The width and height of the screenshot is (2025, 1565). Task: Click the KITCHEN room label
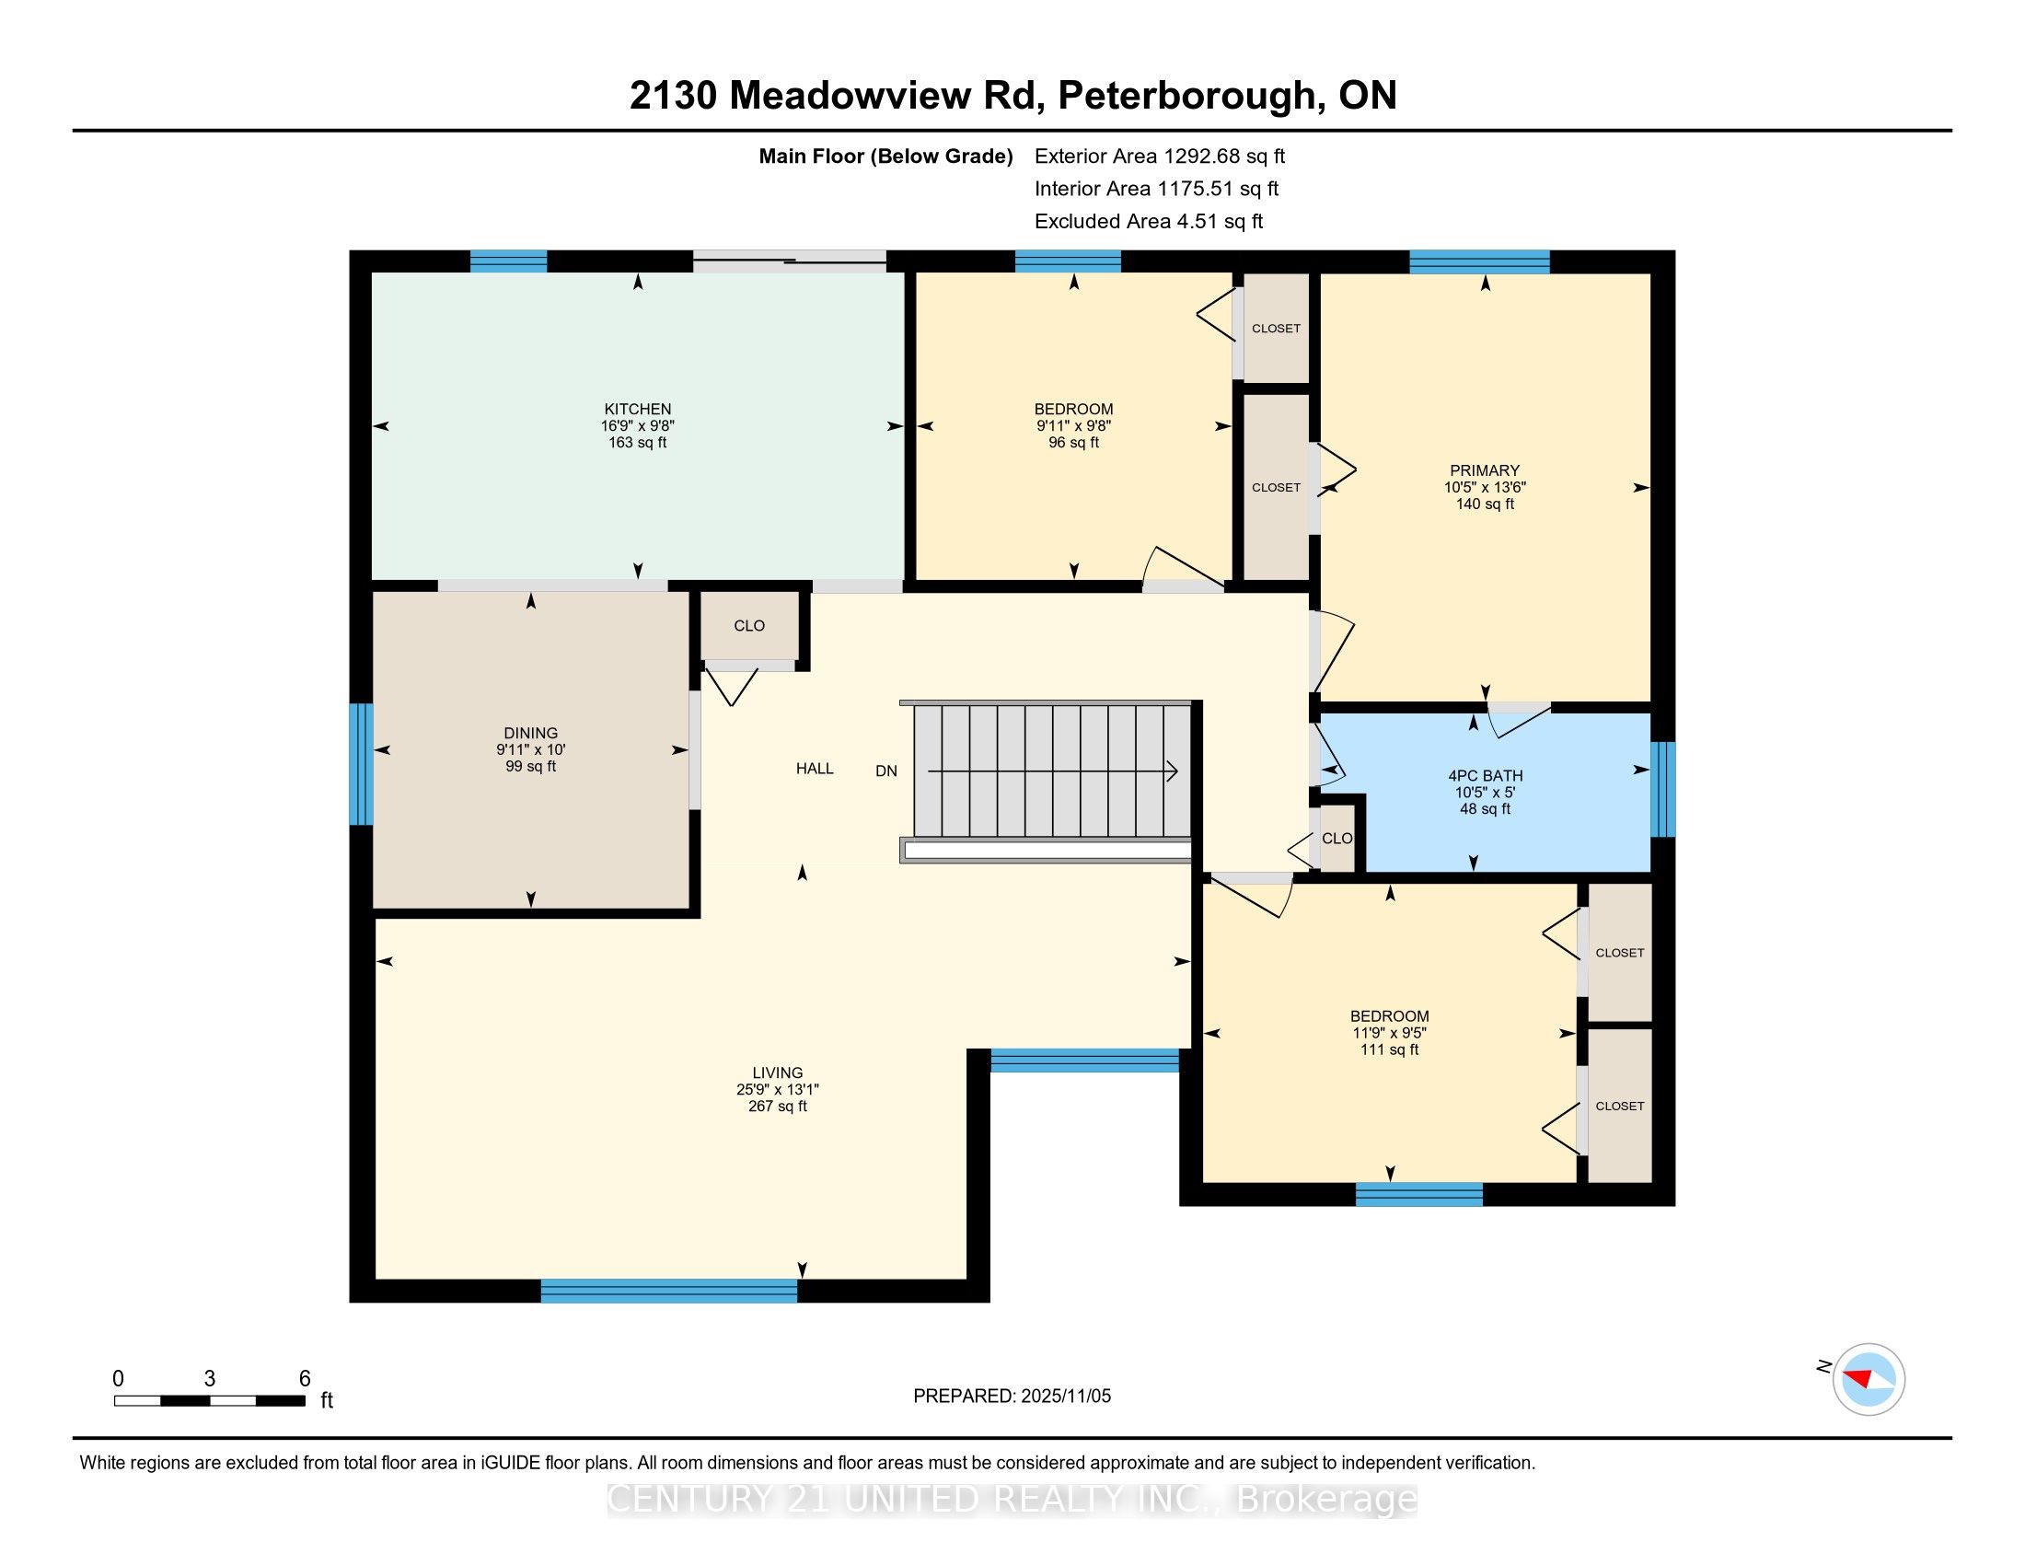click(637, 409)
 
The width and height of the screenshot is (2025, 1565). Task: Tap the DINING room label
click(530, 733)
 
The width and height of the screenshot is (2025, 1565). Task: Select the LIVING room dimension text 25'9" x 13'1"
click(777, 1089)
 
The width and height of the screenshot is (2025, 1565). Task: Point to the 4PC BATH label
click(1485, 775)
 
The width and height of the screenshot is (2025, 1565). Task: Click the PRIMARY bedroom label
click(1485, 470)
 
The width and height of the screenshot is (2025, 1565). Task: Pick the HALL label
click(814, 768)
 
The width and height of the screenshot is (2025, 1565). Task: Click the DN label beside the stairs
click(885, 771)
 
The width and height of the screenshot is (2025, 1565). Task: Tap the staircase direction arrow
click(1052, 771)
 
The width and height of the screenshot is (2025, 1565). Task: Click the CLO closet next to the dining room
click(748, 626)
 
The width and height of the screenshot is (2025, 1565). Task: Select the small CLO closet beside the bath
click(1336, 838)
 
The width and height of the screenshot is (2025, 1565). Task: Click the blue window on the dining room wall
click(361, 764)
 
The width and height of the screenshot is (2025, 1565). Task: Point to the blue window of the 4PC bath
click(1663, 788)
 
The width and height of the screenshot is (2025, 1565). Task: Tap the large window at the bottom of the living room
click(668, 1291)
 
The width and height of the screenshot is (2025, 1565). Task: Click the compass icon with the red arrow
click(1868, 1379)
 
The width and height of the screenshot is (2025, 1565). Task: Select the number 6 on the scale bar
click(304, 1379)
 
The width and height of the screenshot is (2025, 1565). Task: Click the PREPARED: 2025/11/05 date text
click(1012, 1396)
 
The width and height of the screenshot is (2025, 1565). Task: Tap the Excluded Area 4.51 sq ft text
click(1148, 221)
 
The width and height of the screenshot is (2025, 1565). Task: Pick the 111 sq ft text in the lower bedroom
click(1389, 1049)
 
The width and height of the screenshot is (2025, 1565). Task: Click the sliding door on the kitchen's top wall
click(789, 261)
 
